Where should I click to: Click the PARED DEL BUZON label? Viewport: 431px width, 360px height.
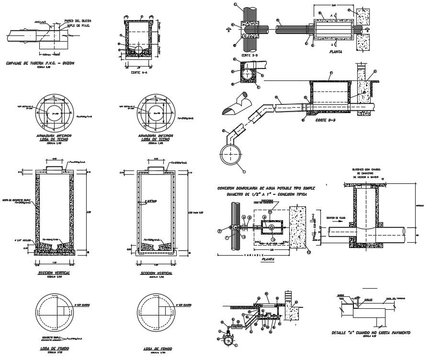pyautogui.click(x=78, y=22)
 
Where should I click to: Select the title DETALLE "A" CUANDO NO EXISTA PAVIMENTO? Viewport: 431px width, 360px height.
pyautogui.click(x=371, y=332)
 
